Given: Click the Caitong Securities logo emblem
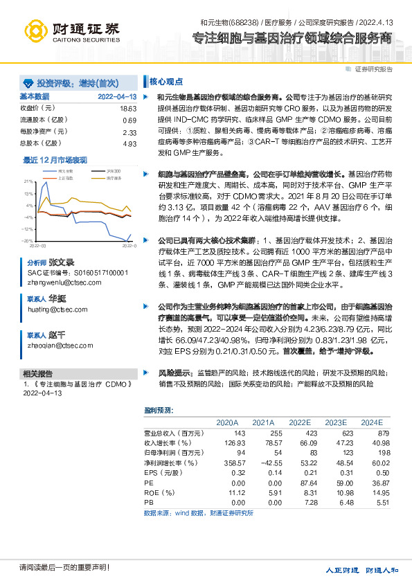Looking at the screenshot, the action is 35,30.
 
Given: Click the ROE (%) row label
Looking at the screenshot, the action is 154,492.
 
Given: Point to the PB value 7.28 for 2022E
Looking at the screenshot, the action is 300,502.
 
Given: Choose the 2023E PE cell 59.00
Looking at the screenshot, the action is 336,482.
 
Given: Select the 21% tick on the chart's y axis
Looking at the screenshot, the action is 28,179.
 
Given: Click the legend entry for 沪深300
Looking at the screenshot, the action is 114,170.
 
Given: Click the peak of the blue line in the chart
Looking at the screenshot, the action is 46,183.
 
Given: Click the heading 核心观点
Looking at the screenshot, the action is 164,80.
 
